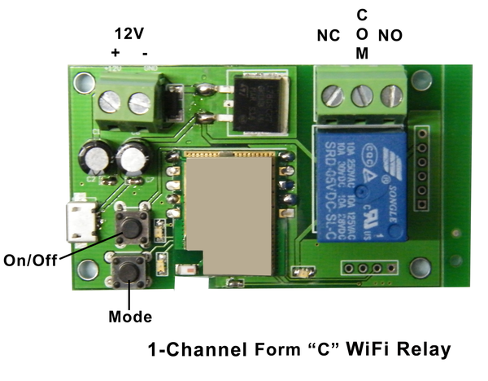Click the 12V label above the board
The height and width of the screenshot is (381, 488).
click(x=129, y=34)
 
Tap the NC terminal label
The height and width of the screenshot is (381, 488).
click(x=327, y=37)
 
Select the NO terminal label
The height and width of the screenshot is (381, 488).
click(x=391, y=37)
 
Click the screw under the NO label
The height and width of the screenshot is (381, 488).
click(x=391, y=96)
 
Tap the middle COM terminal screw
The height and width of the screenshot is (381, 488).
click(x=363, y=96)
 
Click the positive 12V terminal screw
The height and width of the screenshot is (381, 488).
click(x=112, y=103)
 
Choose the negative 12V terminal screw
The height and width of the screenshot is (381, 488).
click(x=140, y=103)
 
